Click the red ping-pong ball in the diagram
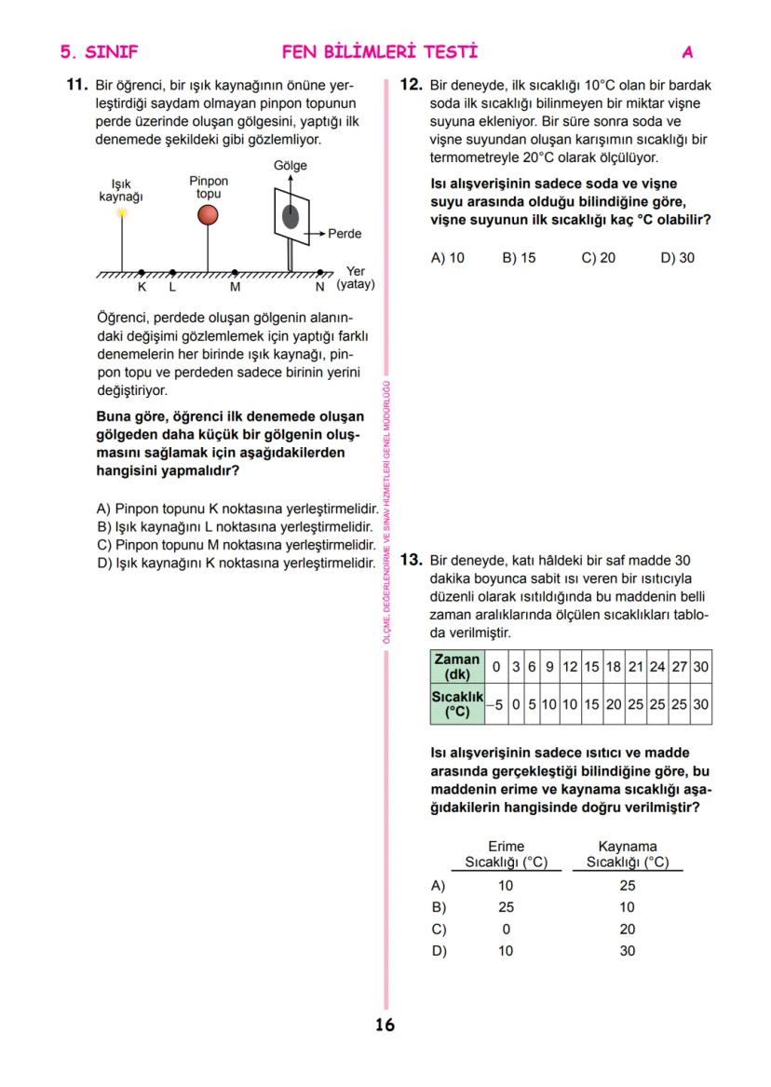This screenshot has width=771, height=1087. pos(208,215)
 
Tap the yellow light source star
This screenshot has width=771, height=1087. pos(122,212)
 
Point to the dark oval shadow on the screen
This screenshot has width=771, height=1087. pos(291,218)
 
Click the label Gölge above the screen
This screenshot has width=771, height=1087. pos(290,165)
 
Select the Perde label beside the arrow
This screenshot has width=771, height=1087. pos(345,234)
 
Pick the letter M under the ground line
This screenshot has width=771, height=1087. pos(235,287)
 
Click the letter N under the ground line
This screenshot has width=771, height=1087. pos(320,287)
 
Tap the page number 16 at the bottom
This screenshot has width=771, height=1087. pos(385,1026)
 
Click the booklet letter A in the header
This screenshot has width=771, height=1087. pos(687,52)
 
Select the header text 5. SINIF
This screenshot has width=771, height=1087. pos(99,52)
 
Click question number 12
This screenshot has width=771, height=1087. pos(411,85)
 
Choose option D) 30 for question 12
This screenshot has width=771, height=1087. pos(677,258)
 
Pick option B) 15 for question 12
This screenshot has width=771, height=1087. pos(519,258)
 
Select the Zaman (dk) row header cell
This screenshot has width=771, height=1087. pos(457,667)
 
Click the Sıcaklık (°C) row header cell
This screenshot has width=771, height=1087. pos(457,705)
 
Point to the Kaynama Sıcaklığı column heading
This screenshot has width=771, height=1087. pos(627,854)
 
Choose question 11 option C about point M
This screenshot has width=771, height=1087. pos(237,545)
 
